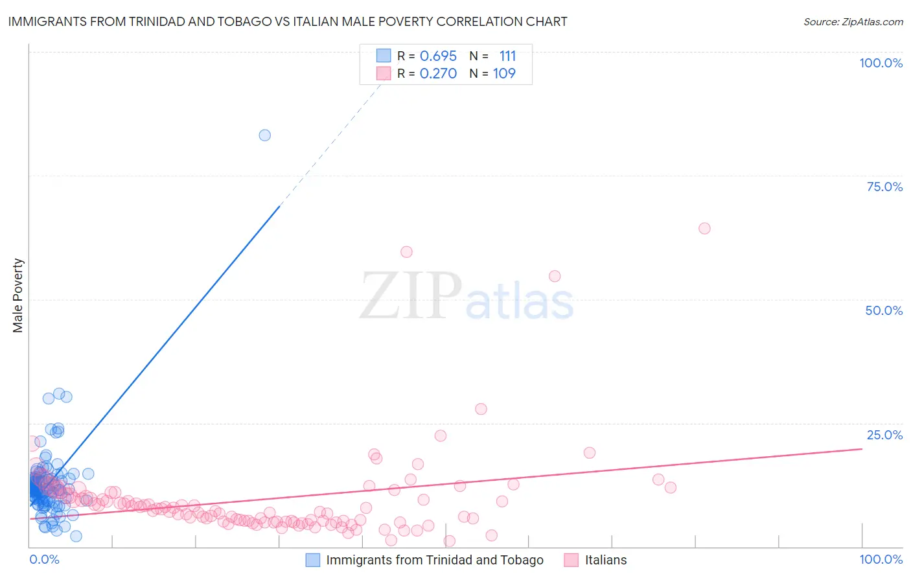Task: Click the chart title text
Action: pos(288,21)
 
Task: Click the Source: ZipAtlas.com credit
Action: pos(853,21)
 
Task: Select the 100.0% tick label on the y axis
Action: pos(881,63)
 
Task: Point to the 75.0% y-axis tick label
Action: pos(884,187)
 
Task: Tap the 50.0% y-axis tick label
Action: pos(884,310)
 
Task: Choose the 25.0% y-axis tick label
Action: pos(884,435)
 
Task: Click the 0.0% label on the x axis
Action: pos(44,559)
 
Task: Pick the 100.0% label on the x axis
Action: pos(881,559)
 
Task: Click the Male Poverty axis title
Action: pos(18,295)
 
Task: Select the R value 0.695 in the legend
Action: pos(438,56)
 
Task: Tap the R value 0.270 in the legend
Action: pos(438,74)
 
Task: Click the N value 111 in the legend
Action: pos(507,56)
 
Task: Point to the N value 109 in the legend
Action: pos(504,74)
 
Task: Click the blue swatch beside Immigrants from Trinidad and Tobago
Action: pos(313,560)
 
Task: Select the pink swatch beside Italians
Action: pos(571,560)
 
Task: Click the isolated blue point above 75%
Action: pos(264,135)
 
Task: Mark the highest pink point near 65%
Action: pos(704,228)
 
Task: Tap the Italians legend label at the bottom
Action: pos(606,560)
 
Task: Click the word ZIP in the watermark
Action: pos(411,295)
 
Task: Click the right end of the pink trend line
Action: pos(862,448)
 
